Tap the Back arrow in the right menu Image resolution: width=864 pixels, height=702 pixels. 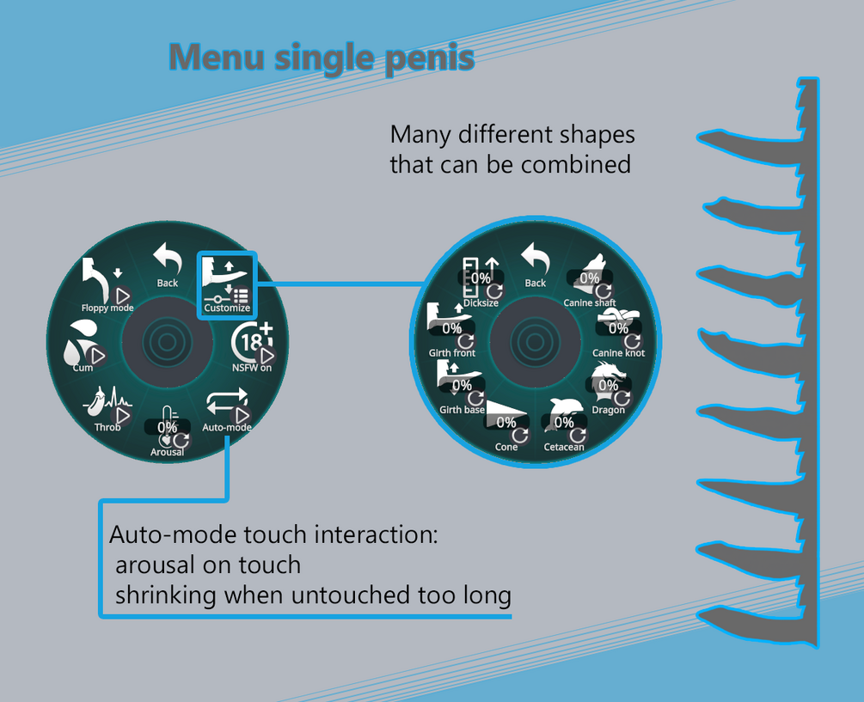(535, 259)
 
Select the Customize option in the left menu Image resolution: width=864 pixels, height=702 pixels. (227, 308)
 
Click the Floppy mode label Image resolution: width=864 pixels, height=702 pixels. (107, 308)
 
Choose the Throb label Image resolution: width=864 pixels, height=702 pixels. (107, 427)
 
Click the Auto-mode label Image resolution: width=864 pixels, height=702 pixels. (227, 427)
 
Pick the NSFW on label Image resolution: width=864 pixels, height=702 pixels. (252, 368)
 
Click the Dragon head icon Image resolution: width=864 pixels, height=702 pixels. (607, 378)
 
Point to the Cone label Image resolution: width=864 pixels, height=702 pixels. (506, 447)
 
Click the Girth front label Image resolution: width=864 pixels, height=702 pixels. (452, 353)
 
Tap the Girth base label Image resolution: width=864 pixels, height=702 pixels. (463, 410)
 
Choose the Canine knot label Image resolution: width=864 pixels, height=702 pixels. (618, 353)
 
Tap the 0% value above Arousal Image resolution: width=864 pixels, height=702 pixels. (167, 427)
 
